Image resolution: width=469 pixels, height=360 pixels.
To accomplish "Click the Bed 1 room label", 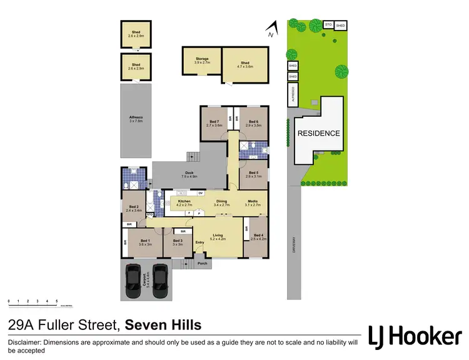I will [x=145, y=241].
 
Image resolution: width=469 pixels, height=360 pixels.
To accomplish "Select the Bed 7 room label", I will [x=214, y=122].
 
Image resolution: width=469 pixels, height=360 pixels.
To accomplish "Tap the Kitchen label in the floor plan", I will [x=184, y=201].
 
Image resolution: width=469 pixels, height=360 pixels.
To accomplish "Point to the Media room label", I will [x=253, y=201].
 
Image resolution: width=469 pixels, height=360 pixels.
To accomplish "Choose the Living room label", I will [x=218, y=235].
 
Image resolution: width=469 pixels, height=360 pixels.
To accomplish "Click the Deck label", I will [x=188, y=174].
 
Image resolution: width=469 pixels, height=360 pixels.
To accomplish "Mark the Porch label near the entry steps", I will [x=202, y=263].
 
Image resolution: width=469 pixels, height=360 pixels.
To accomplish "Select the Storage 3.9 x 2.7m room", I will [x=201, y=59].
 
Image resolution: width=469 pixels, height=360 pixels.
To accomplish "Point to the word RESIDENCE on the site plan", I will [x=318, y=133].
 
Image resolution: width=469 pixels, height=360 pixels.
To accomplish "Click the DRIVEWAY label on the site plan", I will [x=292, y=241].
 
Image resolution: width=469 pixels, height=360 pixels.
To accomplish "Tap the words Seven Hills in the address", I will [x=163, y=324].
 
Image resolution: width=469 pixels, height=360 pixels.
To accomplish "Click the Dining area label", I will [x=222, y=201].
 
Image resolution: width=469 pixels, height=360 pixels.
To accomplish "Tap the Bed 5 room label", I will [x=253, y=173].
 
